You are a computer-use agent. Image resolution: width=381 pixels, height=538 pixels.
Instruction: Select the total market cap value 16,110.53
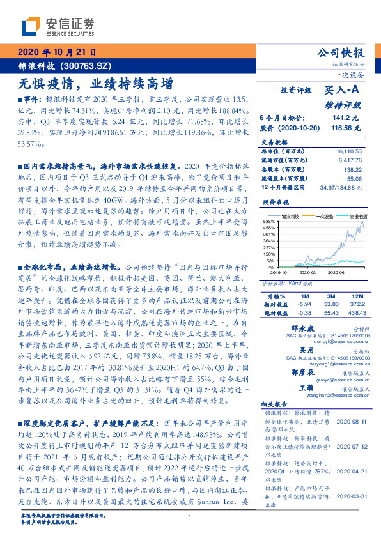click(348, 148)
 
